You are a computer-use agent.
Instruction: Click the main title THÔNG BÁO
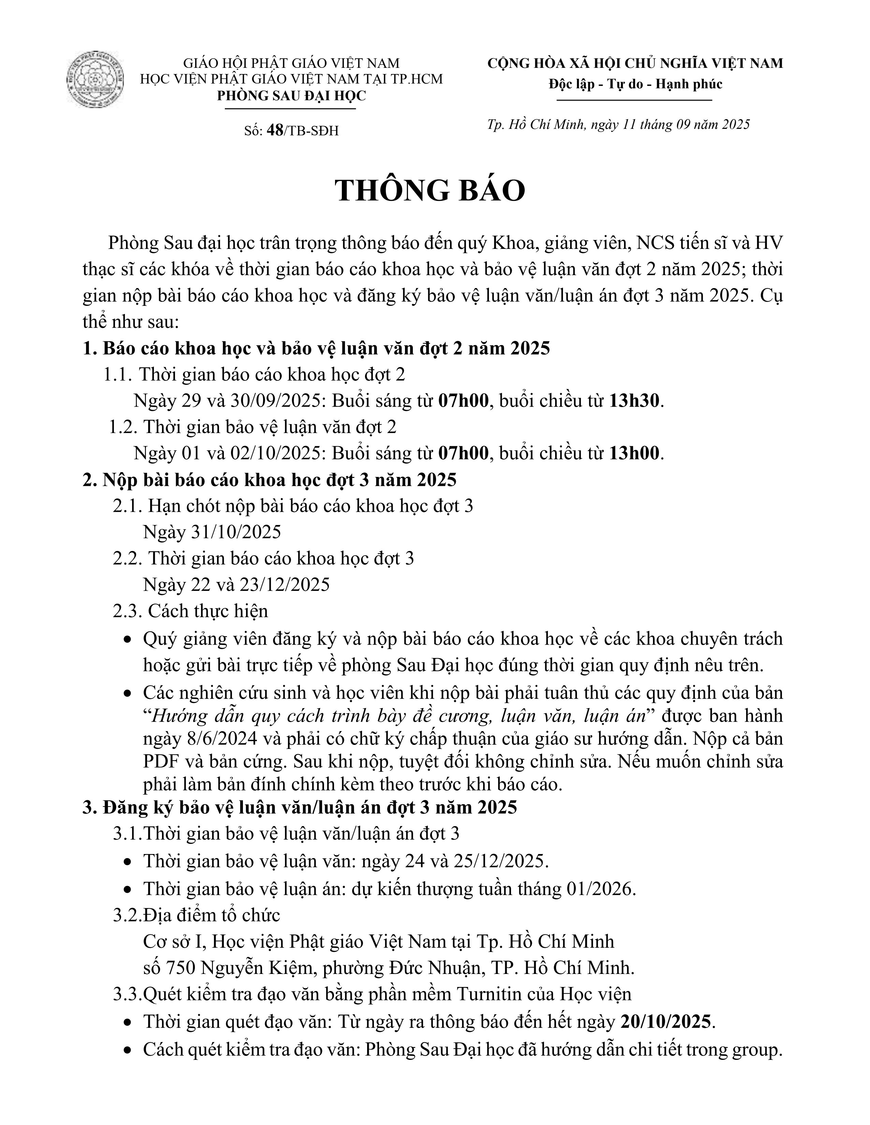point(430,191)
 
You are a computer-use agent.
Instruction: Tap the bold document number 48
point(275,131)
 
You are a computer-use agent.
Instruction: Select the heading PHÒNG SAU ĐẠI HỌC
point(291,96)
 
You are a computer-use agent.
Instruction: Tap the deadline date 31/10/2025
point(236,532)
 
